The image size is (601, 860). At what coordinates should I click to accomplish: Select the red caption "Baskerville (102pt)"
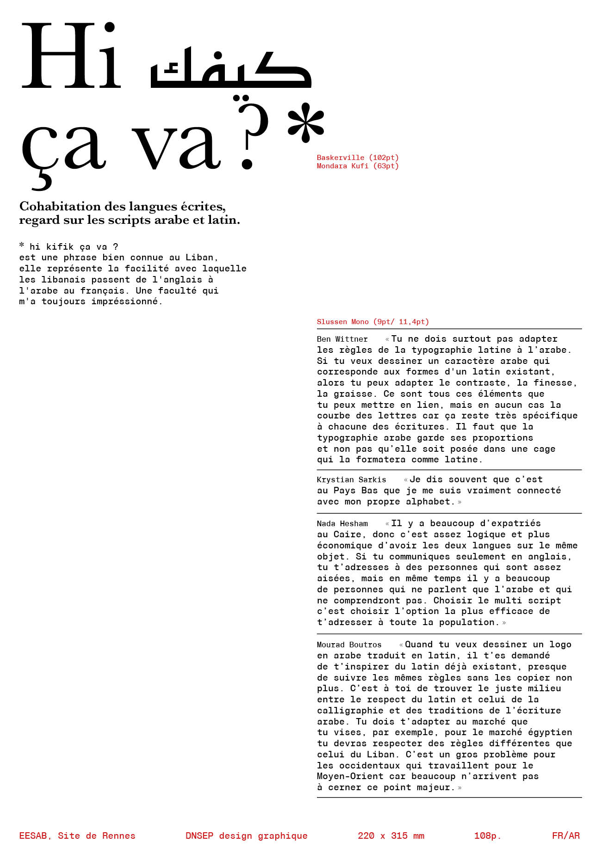pyautogui.click(x=358, y=158)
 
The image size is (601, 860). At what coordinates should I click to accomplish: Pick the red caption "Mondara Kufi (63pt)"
pyautogui.click(x=358, y=166)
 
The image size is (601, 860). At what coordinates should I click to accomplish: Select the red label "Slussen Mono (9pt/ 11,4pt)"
pyautogui.click(x=373, y=322)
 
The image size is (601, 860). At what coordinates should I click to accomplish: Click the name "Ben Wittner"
pyautogui.click(x=342, y=339)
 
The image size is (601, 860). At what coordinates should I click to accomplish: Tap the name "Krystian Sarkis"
pyautogui.click(x=351, y=480)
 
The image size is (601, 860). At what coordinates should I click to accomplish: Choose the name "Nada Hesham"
pyautogui.click(x=342, y=524)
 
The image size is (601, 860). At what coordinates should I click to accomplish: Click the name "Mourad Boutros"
pyautogui.click(x=349, y=645)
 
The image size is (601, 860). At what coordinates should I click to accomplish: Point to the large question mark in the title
pyautogui.click(x=252, y=134)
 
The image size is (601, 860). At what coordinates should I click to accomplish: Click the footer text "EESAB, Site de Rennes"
pyautogui.click(x=77, y=835)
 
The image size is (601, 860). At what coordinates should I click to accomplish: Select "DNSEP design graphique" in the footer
pyautogui.click(x=247, y=835)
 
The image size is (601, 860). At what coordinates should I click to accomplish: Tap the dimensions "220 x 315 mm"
pyautogui.click(x=391, y=835)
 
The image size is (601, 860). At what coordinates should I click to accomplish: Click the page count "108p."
pyautogui.click(x=488, y=835)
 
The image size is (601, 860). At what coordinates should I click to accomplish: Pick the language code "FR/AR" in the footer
pyautogui.click(x=566, y=835)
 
